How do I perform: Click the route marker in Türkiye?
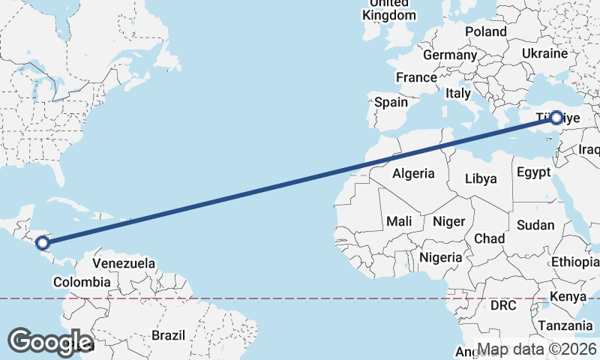[x=556, y=118]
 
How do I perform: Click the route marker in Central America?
[x=43, y=242]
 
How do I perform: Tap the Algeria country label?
[x=413, y=173]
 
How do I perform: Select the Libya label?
[x=481, y=178]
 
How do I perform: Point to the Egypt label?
[x=534, y=172]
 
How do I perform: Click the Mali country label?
[x=399, y=221]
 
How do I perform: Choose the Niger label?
[x=449, y=221]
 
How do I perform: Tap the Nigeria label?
[x=441, y=256]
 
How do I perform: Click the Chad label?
[x=489, y=238]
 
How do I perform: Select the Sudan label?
[x=535, y=225]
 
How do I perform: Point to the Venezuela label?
[x=124, y=263]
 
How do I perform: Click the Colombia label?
[x=82, y=282]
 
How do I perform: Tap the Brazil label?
[x=168, y=335]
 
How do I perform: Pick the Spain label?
[x=391, y=102]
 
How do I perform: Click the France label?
[x=416, y=77]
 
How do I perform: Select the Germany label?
[x=450, y=55]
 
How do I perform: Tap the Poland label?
[x=486, y=31]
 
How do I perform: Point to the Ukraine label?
[x=545, y=53]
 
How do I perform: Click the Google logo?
[x=50, y=342]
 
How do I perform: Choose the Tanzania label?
[x=565, y=325]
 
